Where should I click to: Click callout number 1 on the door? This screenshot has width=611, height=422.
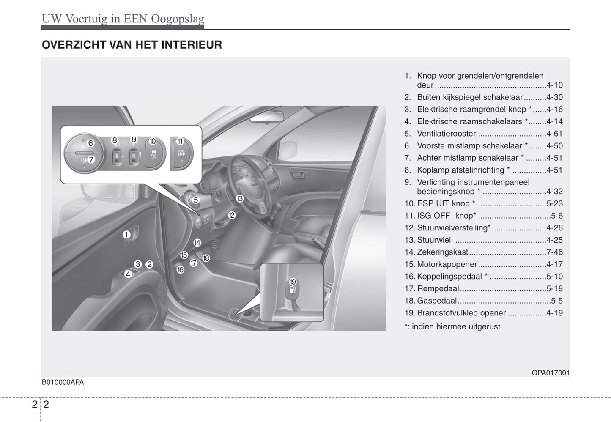(126, 234)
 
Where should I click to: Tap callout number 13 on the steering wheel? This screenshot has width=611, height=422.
(240, 198)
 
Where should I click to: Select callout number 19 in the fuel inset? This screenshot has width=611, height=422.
(293, 282)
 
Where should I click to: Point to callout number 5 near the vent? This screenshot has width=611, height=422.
(196, 200)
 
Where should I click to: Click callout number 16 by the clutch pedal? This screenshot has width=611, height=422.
(181, 270)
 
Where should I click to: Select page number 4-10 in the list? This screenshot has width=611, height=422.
(554, 85)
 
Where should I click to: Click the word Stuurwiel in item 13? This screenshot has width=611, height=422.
(434, 240)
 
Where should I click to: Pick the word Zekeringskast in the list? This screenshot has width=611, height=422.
(442, 252)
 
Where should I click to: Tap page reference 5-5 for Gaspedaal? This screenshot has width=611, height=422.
(556, 301)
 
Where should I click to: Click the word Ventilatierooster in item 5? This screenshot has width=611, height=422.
(447, 134)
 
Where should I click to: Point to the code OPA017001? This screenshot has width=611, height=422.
(551, 373)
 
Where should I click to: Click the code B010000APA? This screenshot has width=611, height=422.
(63, 382)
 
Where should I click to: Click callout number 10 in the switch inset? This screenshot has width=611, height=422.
(153, 142)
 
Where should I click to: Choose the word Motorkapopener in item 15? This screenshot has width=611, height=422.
(447, 265)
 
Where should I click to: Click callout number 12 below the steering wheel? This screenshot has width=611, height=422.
(231, 215)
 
